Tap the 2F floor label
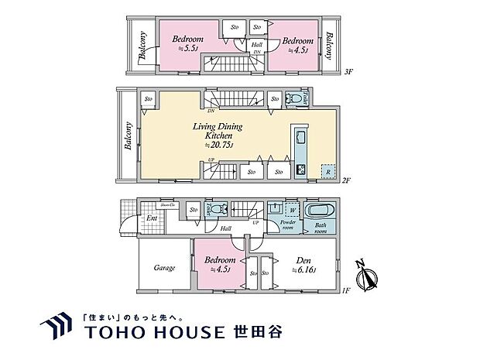pyautogui.click(x=345, y=180)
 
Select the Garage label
pyautogui.click(x=164, y=268)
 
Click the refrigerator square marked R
pyautogui.click(x=328, y=171)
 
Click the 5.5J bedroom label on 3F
pyautogui.click(x=187, y=43)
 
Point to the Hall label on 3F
pyautogui.click(x=256, y=46)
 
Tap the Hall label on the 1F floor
pyautogui.click(x=225, y=228)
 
